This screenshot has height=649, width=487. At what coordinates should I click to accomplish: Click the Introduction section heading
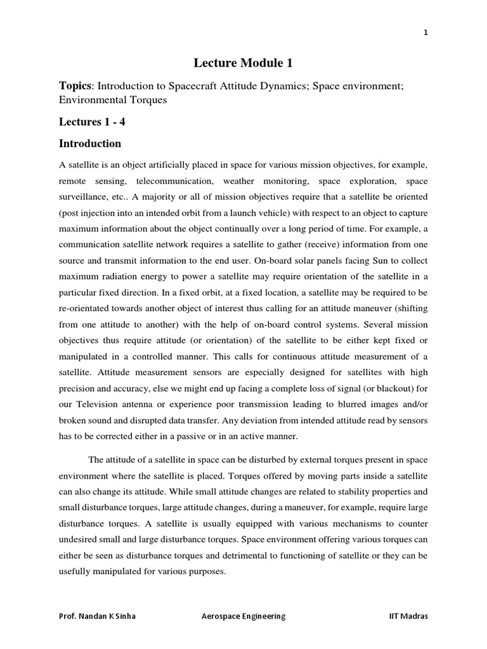[90, 143]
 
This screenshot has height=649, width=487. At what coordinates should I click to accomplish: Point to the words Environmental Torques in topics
[113, 100]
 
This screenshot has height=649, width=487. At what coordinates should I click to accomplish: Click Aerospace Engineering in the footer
[243, 615]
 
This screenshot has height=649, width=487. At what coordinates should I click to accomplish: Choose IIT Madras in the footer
[410, 615]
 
